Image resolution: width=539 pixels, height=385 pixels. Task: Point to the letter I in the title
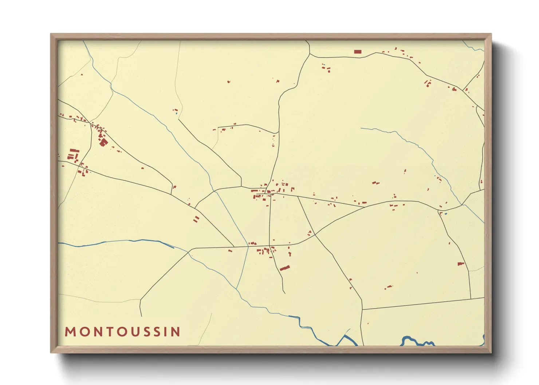pos(168,332)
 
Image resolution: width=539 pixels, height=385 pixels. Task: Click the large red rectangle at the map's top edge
pos(358,52)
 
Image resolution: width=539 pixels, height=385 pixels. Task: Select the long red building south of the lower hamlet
pos(285,268)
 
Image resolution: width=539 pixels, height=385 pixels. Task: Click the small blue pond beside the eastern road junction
pos(445,214)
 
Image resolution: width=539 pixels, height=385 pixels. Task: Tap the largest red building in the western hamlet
pos(103,142)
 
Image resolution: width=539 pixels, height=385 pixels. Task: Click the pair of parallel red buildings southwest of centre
pos(196,219)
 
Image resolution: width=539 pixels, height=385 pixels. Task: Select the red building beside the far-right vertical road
pos(461,263)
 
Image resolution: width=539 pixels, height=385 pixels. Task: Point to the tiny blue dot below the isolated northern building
pos(177,113)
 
